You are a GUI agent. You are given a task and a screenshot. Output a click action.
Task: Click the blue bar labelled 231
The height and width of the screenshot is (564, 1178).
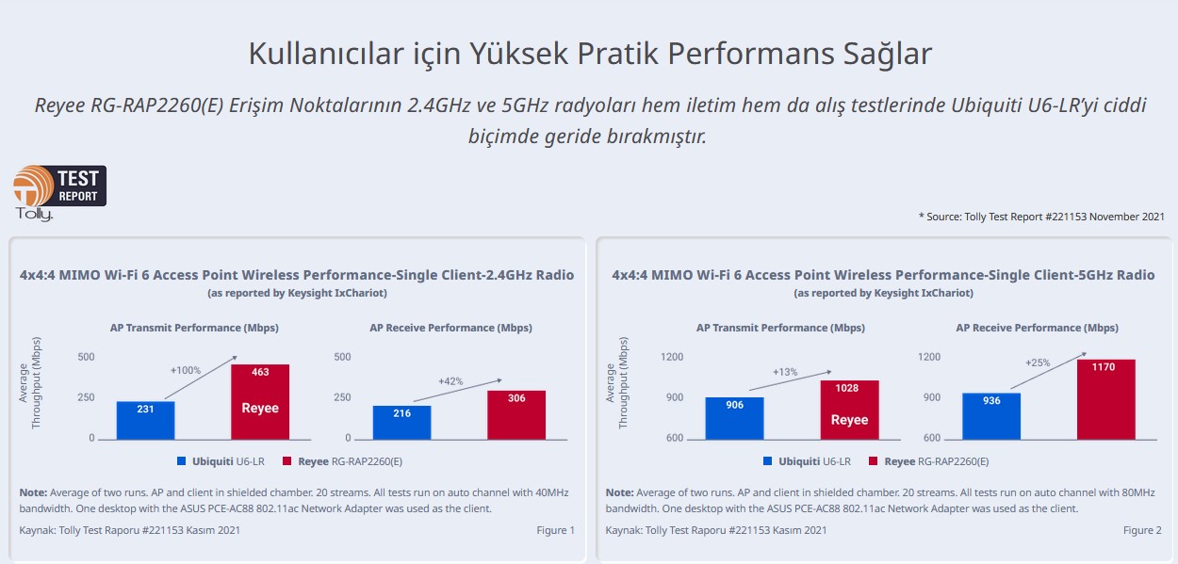click(x=145, y=420)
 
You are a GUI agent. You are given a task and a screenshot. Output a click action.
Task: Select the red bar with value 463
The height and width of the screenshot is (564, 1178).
click(x=260, y=402)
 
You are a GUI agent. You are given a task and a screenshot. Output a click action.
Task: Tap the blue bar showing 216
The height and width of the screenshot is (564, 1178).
click(x=401, y=423)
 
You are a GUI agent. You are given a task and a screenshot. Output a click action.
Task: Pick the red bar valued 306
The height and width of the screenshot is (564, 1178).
click(x=516, y=415)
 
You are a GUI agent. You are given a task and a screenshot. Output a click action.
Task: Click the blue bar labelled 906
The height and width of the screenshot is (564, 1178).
click(x=734, y=418)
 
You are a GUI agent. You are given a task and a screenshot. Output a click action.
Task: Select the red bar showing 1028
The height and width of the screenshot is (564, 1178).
click(x=849, y=410)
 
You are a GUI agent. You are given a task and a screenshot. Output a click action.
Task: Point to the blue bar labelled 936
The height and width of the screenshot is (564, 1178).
click(x=990, y=416)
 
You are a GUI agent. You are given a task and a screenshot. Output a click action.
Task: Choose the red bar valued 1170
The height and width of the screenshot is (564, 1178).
click(x=1105, y=399)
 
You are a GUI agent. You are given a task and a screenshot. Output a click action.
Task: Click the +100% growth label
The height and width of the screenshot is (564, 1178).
click(x=186, y=370)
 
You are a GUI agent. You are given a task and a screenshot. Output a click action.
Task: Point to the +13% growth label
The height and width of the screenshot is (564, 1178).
click(x=785, y=372)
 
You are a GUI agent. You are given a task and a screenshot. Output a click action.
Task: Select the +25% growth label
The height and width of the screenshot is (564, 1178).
click(x=1038, y=363)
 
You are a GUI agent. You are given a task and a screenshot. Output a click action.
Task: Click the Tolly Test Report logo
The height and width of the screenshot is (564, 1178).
click(x=59, y=192)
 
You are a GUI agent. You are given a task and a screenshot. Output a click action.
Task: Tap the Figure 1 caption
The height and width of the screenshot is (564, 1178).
click(x=555, y=530)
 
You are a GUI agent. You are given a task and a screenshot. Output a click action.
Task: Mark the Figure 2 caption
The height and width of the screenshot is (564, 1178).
click(x=1142, y=530)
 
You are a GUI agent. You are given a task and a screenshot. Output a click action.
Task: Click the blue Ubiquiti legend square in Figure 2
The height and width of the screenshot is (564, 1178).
click(x=768, y=461)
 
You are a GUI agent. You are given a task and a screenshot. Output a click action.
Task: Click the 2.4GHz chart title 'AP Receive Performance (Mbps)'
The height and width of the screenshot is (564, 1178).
click(x=450, y=328)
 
